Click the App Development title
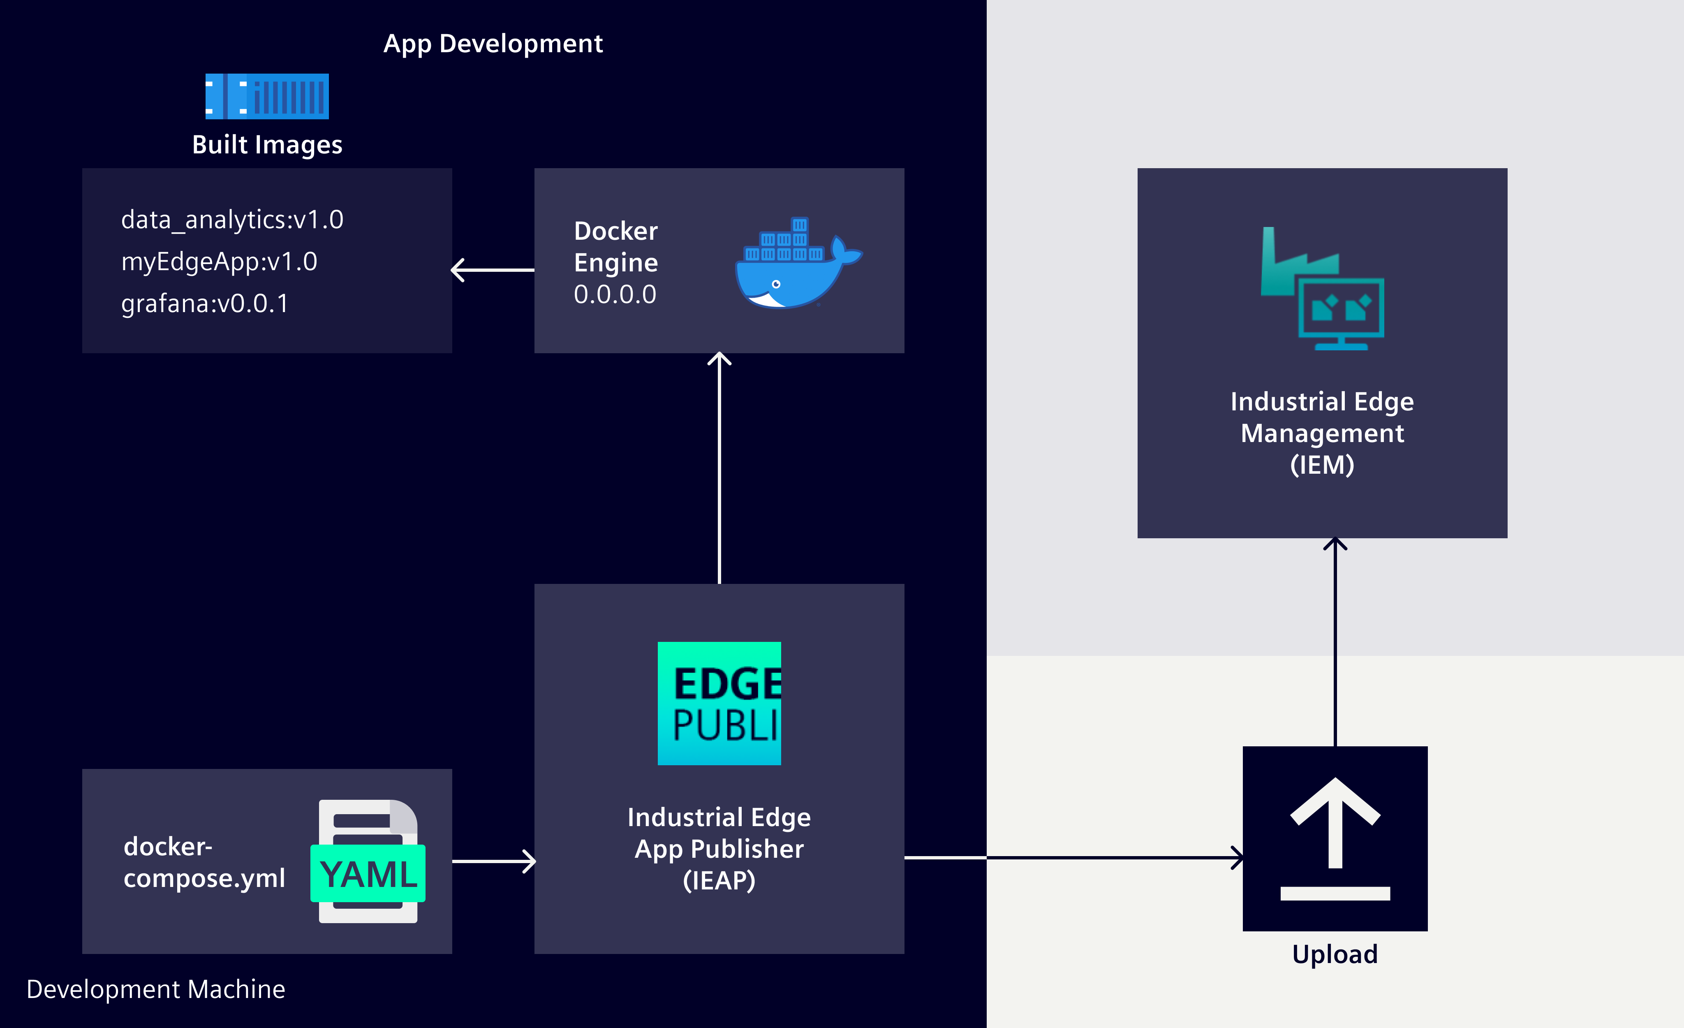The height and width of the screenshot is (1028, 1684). [493, 44]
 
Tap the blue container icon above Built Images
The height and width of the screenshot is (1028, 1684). [267, 96]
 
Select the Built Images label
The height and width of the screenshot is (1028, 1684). [267, 145]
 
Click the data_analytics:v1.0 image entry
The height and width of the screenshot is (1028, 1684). [232, 220]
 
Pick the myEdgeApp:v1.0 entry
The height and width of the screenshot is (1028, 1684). [220, 262]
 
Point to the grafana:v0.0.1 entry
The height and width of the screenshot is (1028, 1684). [205, 303]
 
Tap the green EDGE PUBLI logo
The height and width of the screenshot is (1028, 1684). [719, 703]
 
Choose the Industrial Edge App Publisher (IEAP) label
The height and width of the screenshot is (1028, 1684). [719, 848]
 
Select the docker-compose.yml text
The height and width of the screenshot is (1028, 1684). [204, 863]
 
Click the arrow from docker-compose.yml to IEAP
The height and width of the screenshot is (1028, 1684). [493, 861]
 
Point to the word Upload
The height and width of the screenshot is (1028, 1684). [1335, 954]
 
